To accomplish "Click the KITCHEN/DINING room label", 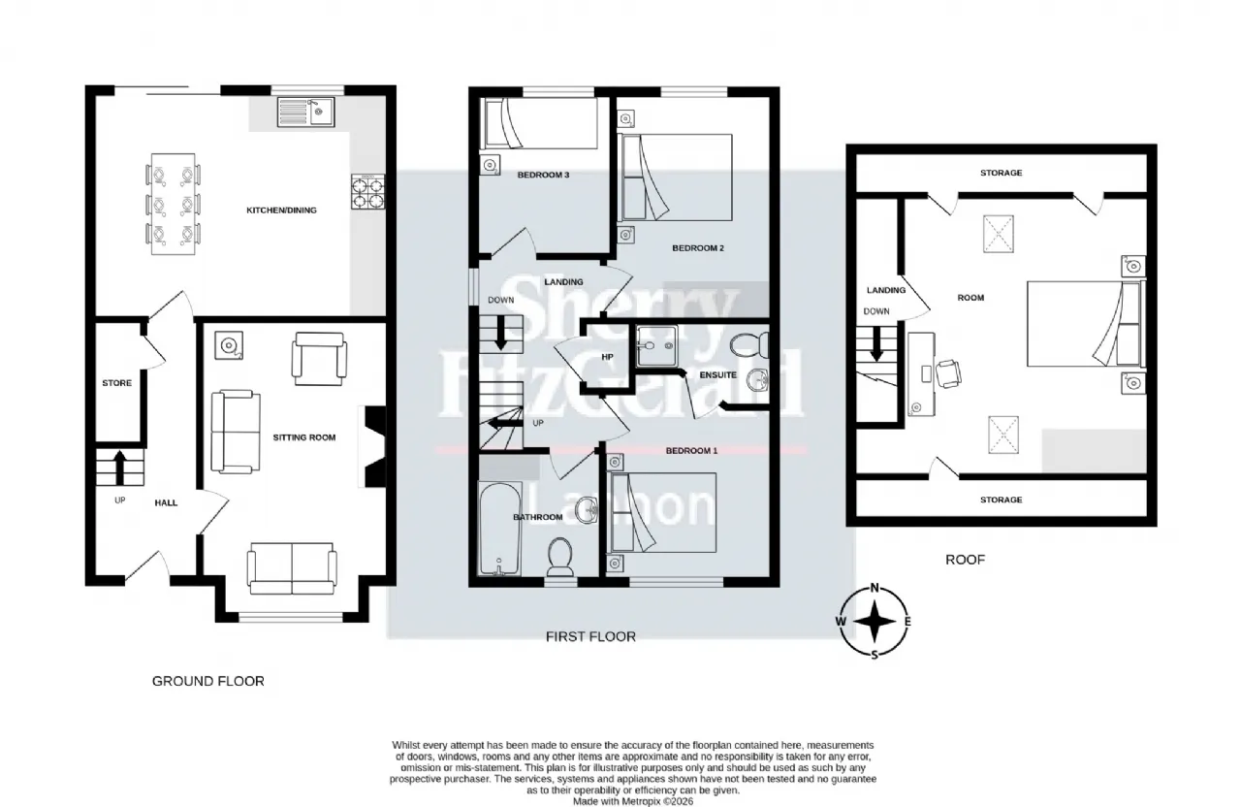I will click(x=281, y=210).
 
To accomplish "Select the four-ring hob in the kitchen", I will click(x=366, y=193).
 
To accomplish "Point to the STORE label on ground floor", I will click(x=116, y=383).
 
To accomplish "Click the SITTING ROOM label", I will click(x=303, y=437).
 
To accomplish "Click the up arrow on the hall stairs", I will click(x=119, y=466).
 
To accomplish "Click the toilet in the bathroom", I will click(x=560, y=557).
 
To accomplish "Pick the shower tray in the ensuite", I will click(x=658, y=346).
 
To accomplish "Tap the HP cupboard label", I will click(x=608, y=356).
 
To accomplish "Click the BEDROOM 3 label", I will click(x=542, y=175).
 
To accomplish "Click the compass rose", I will click(x=875, y=621).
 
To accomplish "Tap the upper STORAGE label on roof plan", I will click(x=1001, y=173).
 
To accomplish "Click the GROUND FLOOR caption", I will click(x=207, y=681).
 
